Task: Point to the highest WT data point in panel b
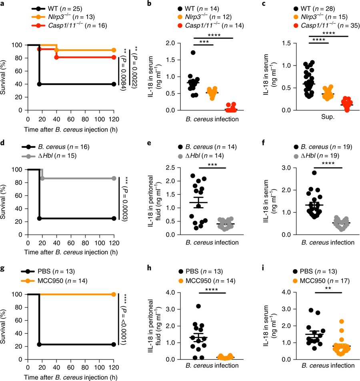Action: (x=194, y=52)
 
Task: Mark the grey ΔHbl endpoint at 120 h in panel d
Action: (x=114, y=178)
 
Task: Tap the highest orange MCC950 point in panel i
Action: (x=331, y=321)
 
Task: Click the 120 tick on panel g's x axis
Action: (x=114, y=368)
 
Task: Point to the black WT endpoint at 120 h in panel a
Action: (x=114, y=84)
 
